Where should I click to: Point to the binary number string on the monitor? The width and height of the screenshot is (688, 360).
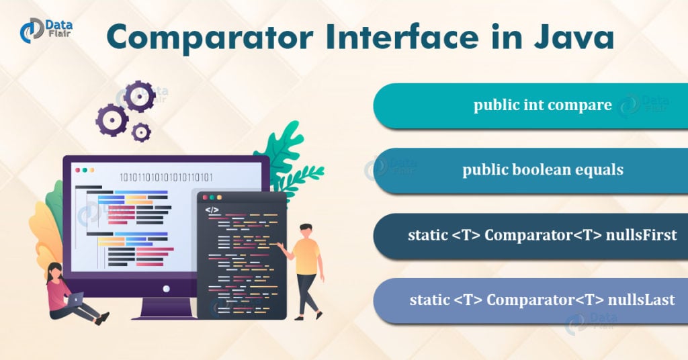pyautogui.click(x=166, y=178)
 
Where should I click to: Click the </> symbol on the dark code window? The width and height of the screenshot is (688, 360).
pyautogui.click(x=212, y=210)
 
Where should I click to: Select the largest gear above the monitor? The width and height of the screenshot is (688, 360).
pyautogui.click(x=139, y=97)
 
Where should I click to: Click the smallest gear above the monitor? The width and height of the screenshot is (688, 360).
pyautogui.click(x=141, y=132)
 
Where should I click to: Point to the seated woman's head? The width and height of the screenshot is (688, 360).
pyautogui.click(x=54, y=270)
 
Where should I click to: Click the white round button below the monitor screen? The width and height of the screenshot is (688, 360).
pyautogui.click(x=165, y=287)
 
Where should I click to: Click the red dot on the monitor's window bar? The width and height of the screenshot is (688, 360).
pyautogui.click(x=77, y=170)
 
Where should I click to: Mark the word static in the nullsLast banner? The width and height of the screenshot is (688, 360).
pyautogui.click(x=429, y=300)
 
